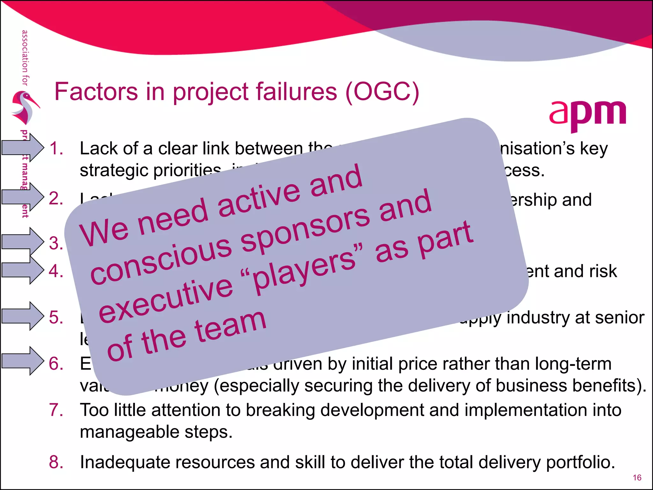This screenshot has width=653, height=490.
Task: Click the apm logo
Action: (587, 115)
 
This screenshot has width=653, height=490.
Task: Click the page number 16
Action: (637, 478)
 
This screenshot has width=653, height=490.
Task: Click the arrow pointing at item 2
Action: (22, 197)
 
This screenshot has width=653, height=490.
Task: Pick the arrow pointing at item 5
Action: (22, 316)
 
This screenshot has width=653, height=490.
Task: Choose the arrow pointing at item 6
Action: (22, 361)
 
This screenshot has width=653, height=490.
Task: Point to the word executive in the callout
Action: (166, 299)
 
